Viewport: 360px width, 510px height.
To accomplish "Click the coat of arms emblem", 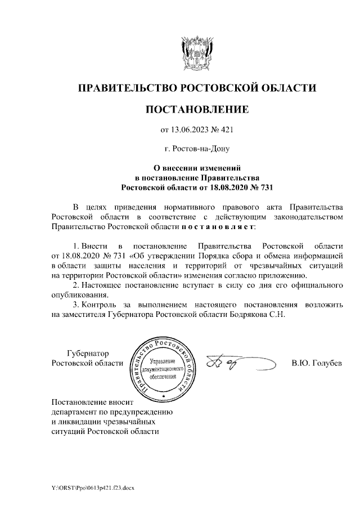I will coord(196,51).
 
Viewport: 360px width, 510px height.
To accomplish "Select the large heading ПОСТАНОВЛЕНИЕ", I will coord(196,109).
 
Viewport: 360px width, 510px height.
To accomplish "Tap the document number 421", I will coord(226,131).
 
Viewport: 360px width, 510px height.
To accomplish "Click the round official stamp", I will coord(164,366).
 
